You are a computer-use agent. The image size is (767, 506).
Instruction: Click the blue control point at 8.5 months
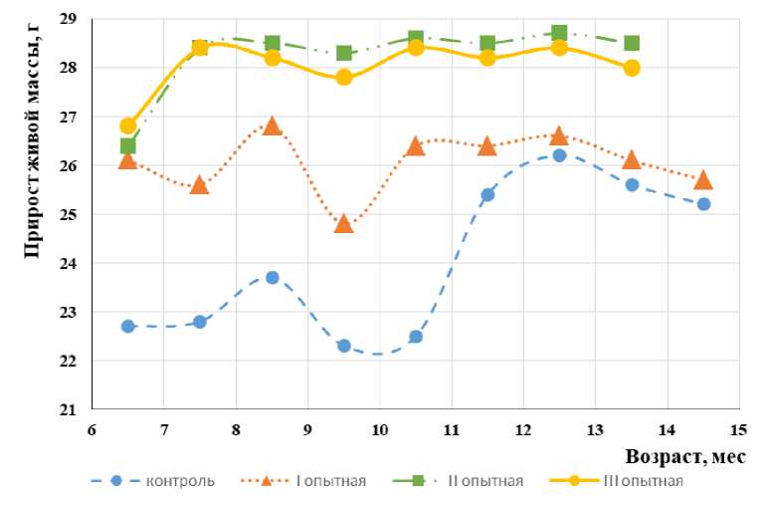pos(272,277)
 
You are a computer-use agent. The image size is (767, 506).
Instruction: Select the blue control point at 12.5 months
pos(559,155)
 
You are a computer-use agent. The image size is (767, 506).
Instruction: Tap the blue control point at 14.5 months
pos(703,204)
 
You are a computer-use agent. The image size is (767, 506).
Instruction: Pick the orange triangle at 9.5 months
pos(344,223)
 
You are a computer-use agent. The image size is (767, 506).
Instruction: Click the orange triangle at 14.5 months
pos(703,179)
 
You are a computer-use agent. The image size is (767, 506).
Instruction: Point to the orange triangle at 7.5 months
pos(200,184)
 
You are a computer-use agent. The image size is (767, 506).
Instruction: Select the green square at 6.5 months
pos(128,146)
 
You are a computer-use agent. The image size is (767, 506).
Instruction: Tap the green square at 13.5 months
pos(632,44)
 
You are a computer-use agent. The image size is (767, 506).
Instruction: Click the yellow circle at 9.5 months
pos(344,77)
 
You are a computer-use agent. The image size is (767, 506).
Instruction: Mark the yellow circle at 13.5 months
pos(632,68)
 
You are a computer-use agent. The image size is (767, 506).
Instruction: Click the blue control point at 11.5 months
pos(487,194)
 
